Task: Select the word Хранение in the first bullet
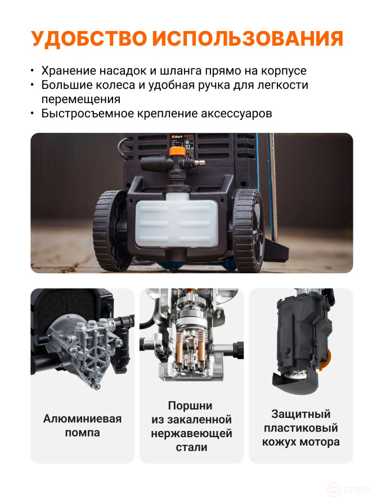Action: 66,72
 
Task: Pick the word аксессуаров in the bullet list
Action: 236,113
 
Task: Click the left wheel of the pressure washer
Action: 110,230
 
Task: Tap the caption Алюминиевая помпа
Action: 82,426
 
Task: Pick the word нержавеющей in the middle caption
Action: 191,434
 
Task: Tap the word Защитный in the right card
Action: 300,414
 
